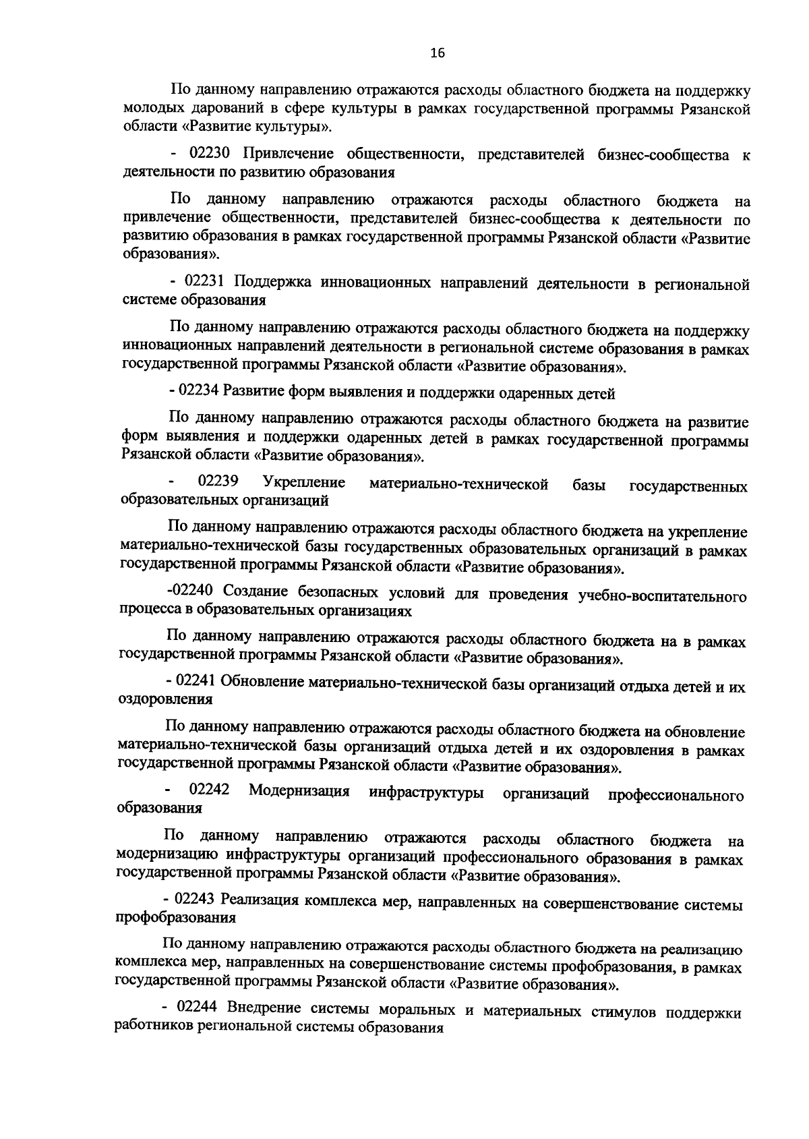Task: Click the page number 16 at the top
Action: point(438,54)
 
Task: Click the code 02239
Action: point(218,483)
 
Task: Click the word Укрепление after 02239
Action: point(304,484)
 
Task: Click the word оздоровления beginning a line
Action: point(165,700)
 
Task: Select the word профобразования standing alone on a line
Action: point(175,918)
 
